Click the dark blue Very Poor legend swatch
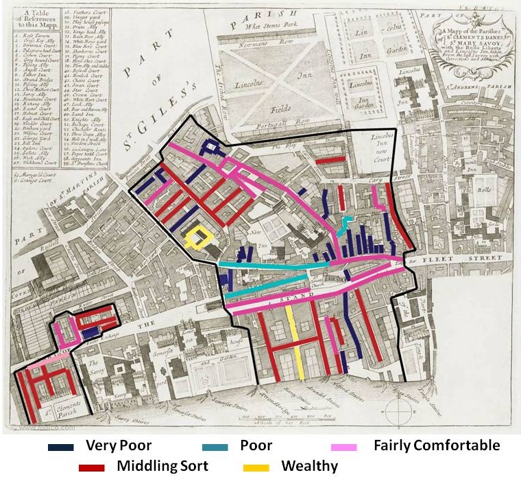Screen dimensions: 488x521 point(62,447)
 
